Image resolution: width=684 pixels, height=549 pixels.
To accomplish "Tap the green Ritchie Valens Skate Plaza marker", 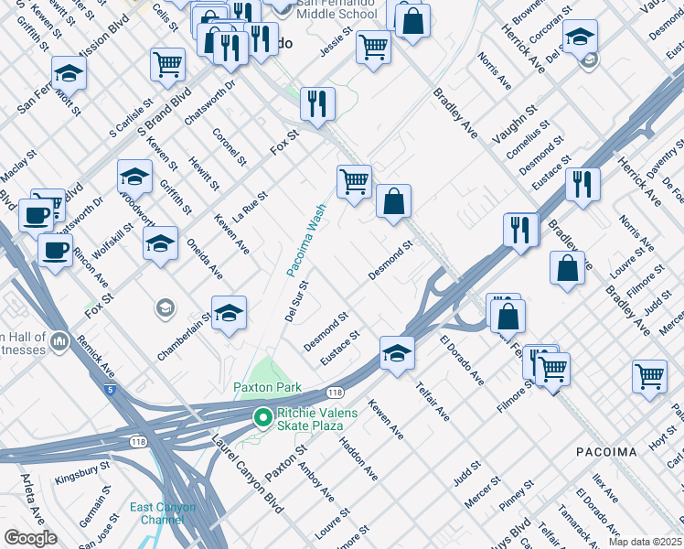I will [x=263, y=418].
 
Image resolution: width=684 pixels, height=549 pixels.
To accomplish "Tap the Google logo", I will [x=30, y=538].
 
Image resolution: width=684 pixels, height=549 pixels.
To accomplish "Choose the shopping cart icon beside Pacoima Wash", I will [x=354, y=179].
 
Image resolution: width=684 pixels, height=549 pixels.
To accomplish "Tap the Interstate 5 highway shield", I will [x=111, y=391].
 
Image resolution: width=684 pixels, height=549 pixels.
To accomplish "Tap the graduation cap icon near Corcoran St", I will [x=579, y=37].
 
